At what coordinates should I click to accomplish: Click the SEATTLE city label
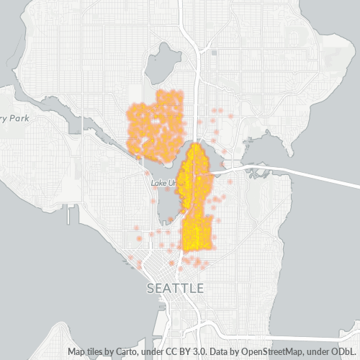pyautogui.click(x=175, y=288)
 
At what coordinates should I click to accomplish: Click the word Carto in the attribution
pyautogui.click(x=118, y=351)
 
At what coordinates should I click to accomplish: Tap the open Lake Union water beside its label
pyautogui.click(x=167, y=205)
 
